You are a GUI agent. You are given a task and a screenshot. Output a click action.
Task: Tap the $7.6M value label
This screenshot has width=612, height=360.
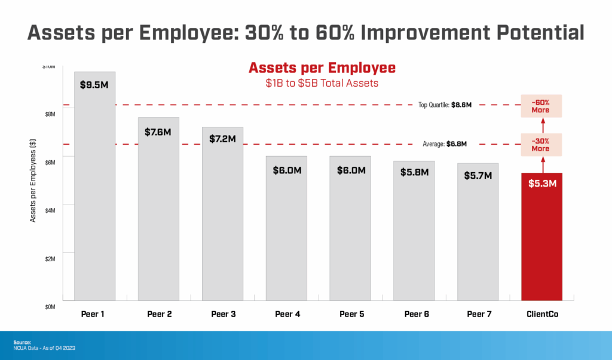click(x=158, y=132)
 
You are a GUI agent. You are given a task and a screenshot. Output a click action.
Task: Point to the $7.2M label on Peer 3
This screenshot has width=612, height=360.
click(x=222, y=138)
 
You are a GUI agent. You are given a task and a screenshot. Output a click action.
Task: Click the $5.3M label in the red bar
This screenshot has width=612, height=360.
click(x=542, y=184)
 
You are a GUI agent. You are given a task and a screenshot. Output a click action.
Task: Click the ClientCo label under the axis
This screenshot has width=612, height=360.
click(x=542, y=314)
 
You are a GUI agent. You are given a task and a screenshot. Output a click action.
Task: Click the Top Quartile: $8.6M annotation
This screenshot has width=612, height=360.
click(x=445, y=105)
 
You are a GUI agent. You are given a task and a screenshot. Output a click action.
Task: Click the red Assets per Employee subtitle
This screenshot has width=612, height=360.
click(x=322, y=68)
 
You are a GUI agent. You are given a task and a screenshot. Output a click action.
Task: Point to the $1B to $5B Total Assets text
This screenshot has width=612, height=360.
click(x=322, y=83)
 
